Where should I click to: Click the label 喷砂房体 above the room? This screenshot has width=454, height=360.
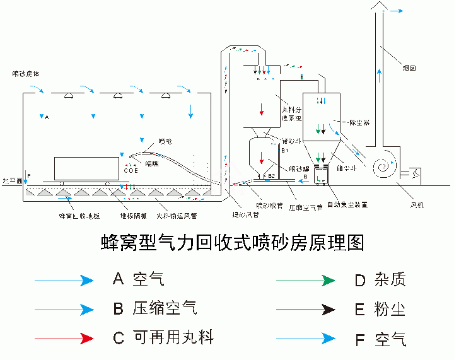(27, 74)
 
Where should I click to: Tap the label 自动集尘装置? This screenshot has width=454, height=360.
(348, 204)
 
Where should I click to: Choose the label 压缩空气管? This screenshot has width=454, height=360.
(305, 206)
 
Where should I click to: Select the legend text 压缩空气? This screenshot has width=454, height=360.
(165, 308)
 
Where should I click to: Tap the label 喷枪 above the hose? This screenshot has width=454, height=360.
(165, 141)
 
